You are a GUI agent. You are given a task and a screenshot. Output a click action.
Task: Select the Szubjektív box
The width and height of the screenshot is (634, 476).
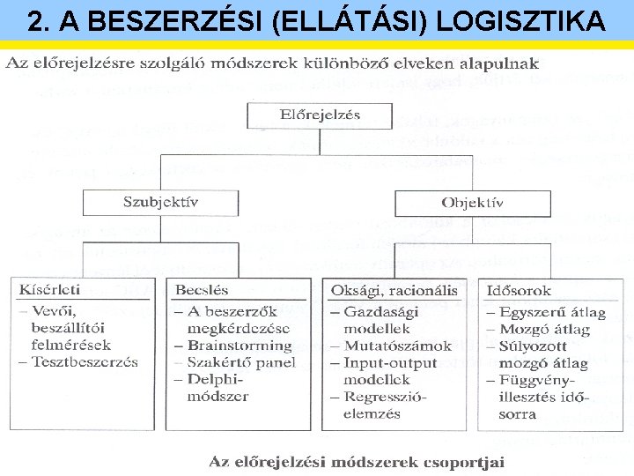click(x=160, y=203)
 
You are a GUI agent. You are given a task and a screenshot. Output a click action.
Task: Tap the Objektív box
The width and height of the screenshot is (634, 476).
click(x=472, y=203)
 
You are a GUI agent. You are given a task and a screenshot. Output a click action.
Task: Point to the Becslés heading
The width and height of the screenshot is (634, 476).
click(x=202, y=289)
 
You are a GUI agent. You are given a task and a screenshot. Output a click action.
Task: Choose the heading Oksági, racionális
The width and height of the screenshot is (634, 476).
click(x=394, y=289)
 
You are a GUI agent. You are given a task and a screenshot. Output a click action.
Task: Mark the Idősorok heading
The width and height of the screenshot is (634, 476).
click(x=519, y=289)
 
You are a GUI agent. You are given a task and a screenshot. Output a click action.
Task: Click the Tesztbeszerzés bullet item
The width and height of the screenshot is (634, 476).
click(x=85, y=362)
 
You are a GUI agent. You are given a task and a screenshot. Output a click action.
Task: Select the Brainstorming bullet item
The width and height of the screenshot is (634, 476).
click(x=239, y=346)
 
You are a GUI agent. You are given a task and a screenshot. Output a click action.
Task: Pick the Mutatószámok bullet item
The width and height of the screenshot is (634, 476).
click(x=397, y=346)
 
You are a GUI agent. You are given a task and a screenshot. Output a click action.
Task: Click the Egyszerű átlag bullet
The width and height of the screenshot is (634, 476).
click(x=552, y=312)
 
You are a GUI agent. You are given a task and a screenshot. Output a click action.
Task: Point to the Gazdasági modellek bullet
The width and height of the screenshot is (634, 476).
click(x=388, y=320)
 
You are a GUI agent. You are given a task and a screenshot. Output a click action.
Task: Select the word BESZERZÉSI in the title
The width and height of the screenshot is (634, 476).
click(x=190, y=20)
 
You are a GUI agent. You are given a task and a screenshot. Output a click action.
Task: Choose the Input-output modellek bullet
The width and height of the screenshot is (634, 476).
click(x=388, y=371)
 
